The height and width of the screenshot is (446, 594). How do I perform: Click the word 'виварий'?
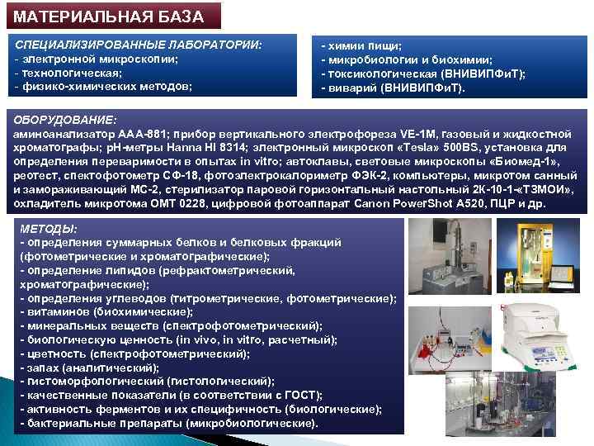click(350, 86)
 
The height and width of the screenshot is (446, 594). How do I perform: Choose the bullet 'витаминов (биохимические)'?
click(106, 311)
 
